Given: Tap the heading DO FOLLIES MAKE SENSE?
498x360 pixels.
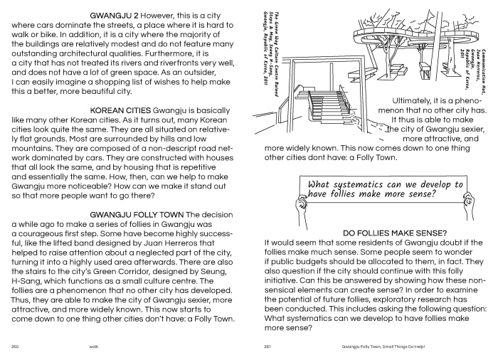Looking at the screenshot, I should tap(393, 232).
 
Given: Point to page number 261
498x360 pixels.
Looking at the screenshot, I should tap(269, 347).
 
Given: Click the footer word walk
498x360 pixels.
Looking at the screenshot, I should tap(93, 347).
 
